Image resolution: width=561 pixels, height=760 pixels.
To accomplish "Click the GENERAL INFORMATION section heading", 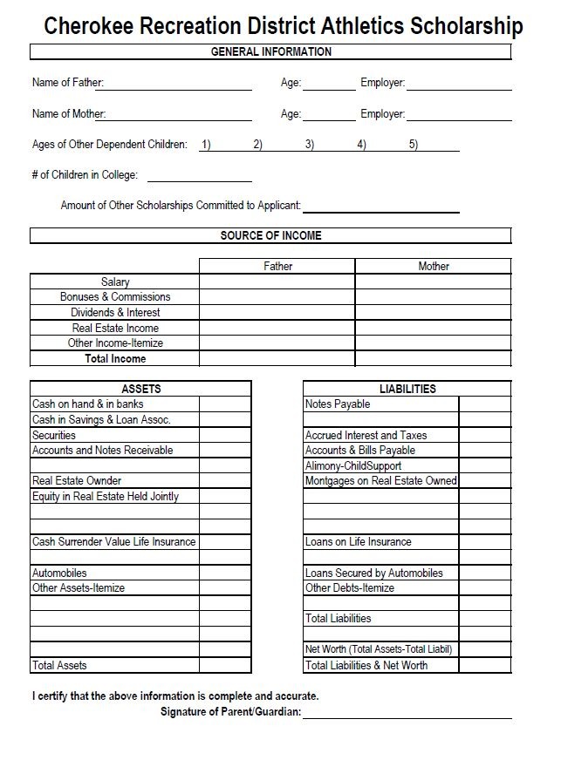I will coord(270,52).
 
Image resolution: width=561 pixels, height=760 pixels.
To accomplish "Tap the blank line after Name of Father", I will coord(178,85).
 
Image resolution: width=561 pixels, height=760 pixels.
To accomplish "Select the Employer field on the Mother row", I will coord(458,116).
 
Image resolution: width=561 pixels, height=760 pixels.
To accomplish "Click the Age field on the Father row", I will coord(329,85).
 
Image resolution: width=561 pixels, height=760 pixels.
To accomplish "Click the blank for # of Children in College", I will coord(199,176).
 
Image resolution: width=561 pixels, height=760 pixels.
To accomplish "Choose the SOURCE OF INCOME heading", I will coord(270,236).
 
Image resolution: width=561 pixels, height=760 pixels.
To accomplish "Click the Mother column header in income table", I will coord(433,266).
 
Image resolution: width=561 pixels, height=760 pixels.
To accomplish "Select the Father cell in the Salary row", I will coord(277,282).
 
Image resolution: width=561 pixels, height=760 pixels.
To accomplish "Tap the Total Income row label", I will coord(115,358).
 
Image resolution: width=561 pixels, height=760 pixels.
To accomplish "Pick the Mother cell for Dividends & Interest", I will coord(433,312).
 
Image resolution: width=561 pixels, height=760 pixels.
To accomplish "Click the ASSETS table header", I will coord(140,389).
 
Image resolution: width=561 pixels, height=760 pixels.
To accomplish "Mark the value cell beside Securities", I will coord(225,435).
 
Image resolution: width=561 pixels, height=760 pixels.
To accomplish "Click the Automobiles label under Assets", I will coord(59,573).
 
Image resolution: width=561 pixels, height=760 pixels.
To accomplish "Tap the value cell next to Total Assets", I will coord(225,665).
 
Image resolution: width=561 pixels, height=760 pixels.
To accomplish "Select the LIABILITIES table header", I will coord(407,389).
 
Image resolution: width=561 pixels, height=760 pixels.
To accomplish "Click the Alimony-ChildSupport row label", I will coord(353,466).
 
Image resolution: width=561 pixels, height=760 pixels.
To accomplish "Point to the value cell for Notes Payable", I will coord(484,404).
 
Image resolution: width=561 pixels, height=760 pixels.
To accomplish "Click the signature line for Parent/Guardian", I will coord(407,713).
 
